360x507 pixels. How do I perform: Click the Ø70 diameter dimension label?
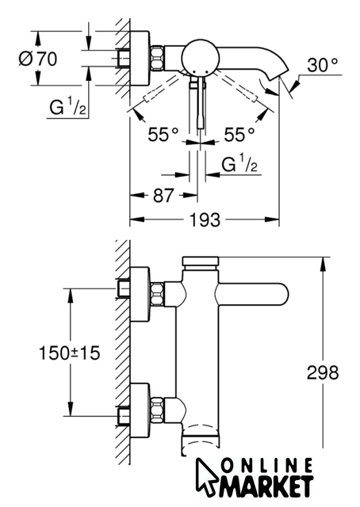pyautogui.click(x=37, y=59)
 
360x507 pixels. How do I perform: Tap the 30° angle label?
pyautogui.click(x=323, y=65)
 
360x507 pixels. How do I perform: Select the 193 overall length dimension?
pyautogui.click(x=205, y=220)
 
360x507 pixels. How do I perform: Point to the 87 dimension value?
pyautogui.click(x=163, y=196)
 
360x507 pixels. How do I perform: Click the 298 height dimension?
pyautogui.click(x=323, y=372)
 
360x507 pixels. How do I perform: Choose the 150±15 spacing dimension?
pyautogui.click(x=69, y=353)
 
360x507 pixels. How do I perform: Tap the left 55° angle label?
pyautogui.click(x=163, y=134)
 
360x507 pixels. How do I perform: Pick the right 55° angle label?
pyautogui.click(x=239, y=134)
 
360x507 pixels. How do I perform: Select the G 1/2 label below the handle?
pyautogui.click(x=239, y=163)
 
